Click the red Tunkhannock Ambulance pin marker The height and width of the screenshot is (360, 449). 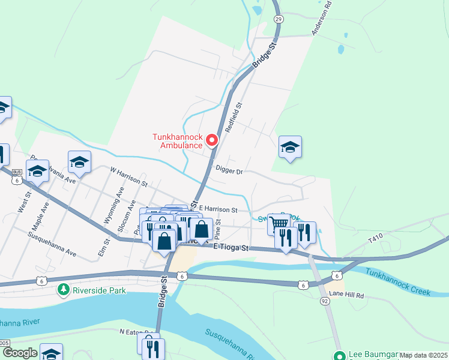[211, 140]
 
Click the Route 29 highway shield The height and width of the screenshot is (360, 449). [278, 19]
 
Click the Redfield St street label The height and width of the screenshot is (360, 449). [233, 117]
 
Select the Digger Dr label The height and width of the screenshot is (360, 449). [228, 172]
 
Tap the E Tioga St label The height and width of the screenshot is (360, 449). [231, 247]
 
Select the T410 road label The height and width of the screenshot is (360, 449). [375, 238]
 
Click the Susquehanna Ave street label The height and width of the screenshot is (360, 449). [53, 243]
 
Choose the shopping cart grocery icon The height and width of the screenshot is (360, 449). [279, 224]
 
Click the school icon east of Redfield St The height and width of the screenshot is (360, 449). [290, 148]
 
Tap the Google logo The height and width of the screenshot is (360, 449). [19, 353]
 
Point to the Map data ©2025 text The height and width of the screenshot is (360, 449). [423, 355]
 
